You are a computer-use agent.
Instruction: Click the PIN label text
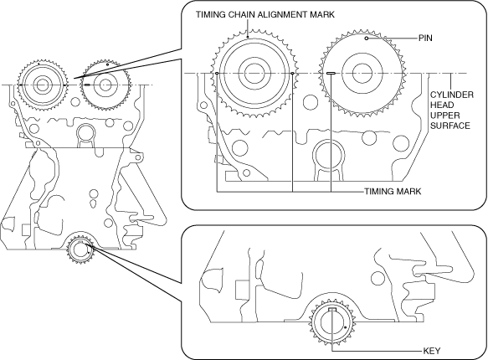425,38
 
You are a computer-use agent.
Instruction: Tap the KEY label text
432,351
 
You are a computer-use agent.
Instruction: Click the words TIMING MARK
393,191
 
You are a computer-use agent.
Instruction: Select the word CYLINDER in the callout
452,95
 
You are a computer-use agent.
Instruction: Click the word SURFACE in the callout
450,126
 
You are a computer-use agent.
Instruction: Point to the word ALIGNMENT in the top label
284,14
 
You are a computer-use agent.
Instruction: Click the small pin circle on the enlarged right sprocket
367,39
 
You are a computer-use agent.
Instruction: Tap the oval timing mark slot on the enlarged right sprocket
331,73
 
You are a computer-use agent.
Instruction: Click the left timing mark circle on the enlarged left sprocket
217,73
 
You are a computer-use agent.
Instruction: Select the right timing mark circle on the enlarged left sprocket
293,73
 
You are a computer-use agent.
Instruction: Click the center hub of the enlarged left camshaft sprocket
255,74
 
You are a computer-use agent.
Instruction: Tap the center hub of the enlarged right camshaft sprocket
362,74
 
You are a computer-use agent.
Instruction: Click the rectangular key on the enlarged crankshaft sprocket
332,309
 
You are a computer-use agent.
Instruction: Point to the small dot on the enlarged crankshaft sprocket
346,327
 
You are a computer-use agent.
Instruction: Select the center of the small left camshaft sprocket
41,85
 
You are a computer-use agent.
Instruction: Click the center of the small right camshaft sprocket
105,85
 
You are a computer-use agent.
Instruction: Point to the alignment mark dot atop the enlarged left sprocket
248,38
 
